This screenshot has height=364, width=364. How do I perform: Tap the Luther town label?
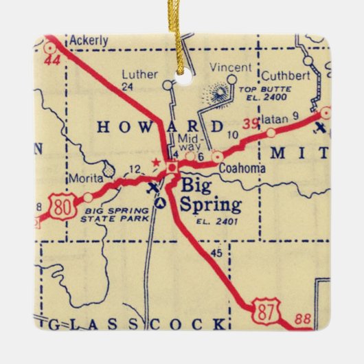tap(136, 74)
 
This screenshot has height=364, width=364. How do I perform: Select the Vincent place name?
tap(225, 68)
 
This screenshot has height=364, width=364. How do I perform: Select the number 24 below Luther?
tap(126, 87)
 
